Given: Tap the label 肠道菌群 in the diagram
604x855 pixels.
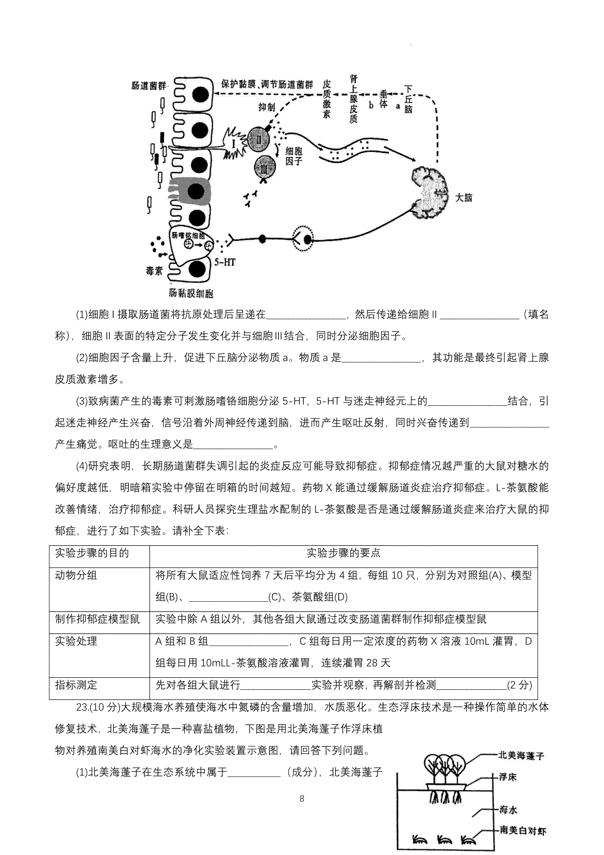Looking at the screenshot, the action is coord(149,86).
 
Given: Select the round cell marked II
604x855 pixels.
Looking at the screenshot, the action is coord(259,139).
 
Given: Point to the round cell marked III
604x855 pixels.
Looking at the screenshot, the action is coord(265,167).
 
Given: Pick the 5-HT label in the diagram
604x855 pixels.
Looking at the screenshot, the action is coord(224,262).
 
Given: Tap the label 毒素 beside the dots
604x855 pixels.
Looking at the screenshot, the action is coord(154,271).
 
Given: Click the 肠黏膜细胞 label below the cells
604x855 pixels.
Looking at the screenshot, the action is coord(191,293).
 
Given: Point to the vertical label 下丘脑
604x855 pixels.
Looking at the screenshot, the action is coord(408,99).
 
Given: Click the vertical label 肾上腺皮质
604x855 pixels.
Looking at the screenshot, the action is coord(354,99).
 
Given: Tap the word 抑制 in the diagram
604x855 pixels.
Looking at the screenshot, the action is coord(266,107).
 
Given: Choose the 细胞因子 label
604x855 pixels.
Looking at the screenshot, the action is coord(293,156).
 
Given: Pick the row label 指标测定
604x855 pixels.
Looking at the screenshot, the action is coord(77,685).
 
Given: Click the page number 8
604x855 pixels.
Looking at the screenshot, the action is coord(302,799).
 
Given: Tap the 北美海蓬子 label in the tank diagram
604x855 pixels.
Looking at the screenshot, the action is coord(521,755).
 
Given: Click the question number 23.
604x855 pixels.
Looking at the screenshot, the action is coord(82,707).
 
